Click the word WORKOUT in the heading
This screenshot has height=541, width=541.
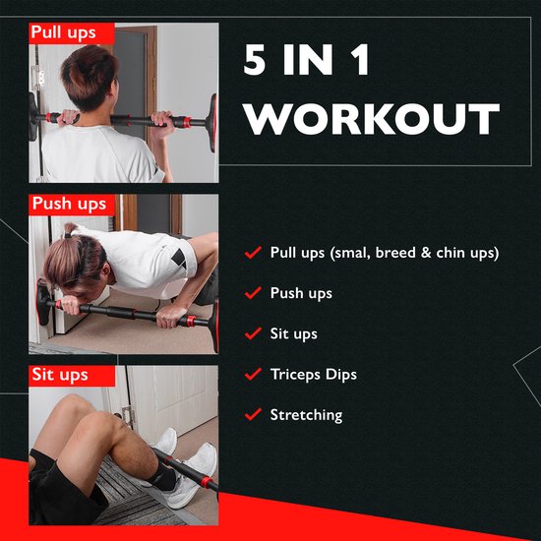pos(372,119)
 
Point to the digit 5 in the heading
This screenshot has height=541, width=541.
pos(257,61)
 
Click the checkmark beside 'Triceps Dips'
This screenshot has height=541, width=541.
pos(252,375)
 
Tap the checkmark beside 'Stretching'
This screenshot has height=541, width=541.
pos(252,415)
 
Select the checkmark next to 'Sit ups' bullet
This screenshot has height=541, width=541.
pos(252,334)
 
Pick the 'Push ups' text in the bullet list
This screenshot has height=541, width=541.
pos(301,293)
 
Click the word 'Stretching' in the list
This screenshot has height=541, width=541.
pos(306,415)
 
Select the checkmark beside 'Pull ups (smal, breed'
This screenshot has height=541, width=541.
pos(252,253)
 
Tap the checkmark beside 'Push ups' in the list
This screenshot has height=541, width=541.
pos(252,293)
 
